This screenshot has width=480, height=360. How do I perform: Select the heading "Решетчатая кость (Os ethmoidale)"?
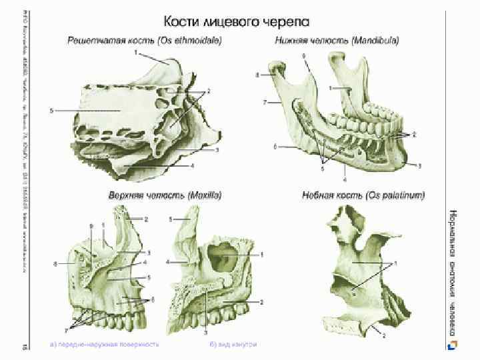(x=145, y=41)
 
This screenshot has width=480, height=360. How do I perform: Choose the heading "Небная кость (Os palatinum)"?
(x=363, y=196)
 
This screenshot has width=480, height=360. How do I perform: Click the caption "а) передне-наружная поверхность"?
(x=105, y=345)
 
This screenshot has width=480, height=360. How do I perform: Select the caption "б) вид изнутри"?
(x=233, y=345)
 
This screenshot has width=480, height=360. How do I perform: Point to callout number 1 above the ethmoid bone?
(x=135, y=52)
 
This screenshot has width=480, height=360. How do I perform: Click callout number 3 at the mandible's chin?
(x=419, y=164)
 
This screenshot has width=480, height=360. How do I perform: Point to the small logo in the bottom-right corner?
(x=453, y=345)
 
